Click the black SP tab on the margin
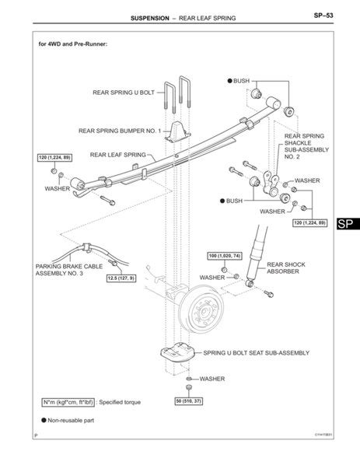tap(348, 224)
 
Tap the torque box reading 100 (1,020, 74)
tap(226, 255)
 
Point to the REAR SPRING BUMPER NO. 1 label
tap(119, 131)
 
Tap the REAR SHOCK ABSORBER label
tap(285, 269)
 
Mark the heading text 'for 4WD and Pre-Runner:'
tap(72, 44)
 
